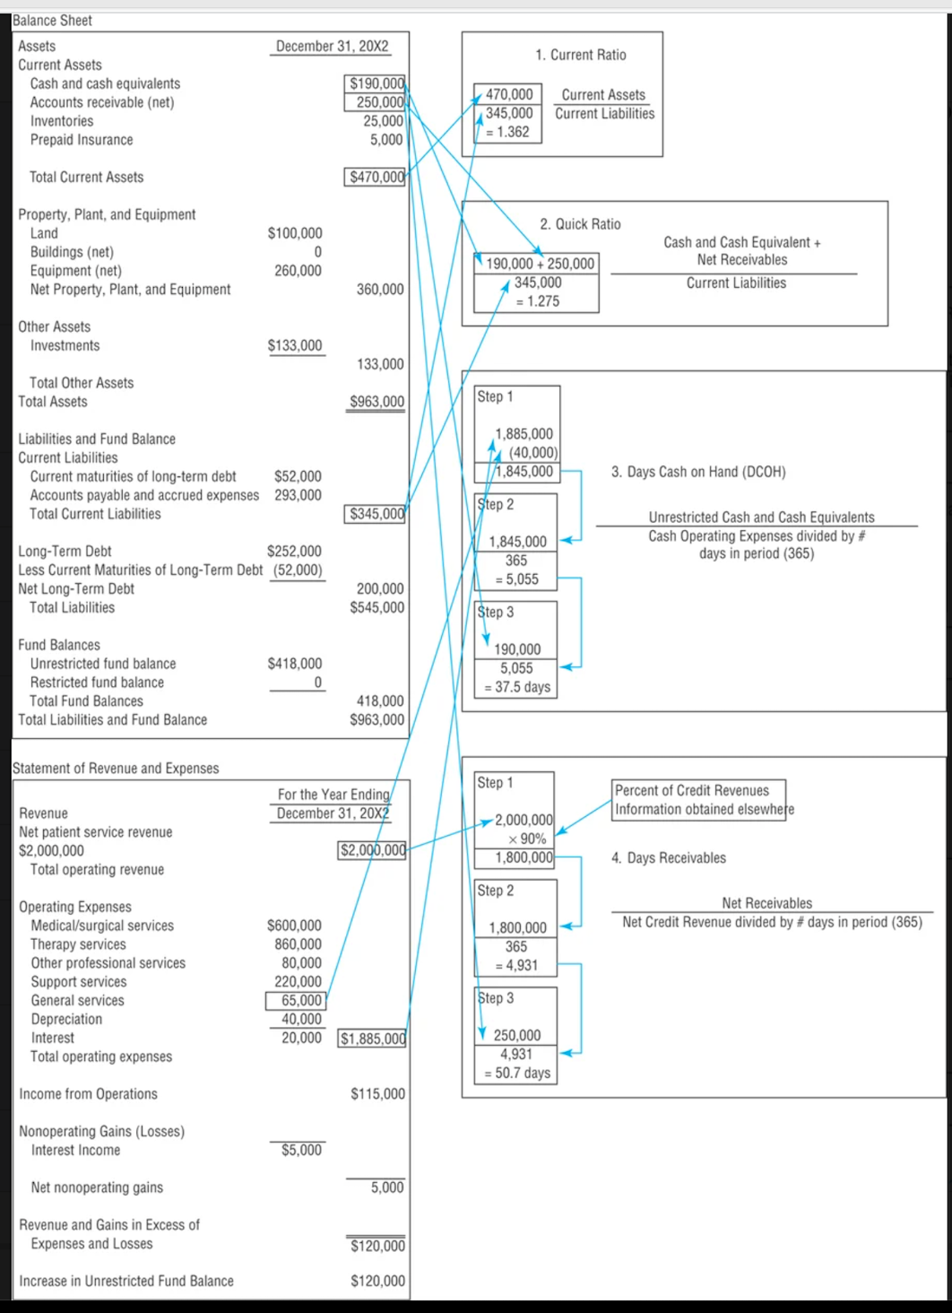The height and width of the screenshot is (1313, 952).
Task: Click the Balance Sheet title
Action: (x=52, y=21)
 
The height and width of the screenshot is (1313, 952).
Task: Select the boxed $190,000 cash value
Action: (x=376, y=83)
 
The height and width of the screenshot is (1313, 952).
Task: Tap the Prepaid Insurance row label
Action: (x=81, y=140)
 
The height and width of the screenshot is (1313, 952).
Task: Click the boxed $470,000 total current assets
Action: (x=376, y=177)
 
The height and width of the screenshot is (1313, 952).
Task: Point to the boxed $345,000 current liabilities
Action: (x=376, y=514)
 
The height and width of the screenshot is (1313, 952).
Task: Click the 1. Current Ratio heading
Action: (x=581, y=55)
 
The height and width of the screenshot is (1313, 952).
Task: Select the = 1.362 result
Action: (x=507, y=132)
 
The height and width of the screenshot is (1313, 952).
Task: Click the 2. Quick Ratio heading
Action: (x=580, y=224)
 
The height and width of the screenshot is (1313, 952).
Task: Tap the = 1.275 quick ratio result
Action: (x=537, y=301)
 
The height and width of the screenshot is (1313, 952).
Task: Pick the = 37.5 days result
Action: (x=517, y=687)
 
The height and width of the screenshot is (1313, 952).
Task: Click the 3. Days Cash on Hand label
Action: (x=698, y=472)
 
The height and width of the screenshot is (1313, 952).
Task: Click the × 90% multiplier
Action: (x=526, y=839)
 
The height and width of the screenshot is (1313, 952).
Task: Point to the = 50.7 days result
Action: (x=517, y=1073)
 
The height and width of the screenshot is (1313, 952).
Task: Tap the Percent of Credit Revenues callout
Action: (x=699, y=799)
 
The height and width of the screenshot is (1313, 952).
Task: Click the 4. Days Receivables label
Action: (x=669, y=858)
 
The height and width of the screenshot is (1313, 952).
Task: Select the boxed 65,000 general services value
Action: (x=300, y=1000)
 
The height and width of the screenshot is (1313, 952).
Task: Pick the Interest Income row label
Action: (x=75, y=1150)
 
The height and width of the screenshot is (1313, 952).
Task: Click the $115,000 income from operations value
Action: (x=377, y=1094)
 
